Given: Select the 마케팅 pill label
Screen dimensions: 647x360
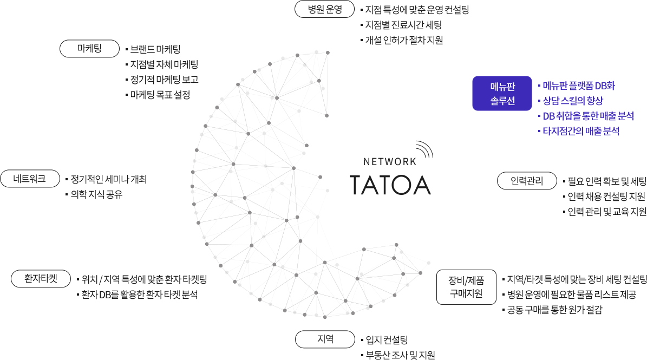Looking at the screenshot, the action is pos(89,48).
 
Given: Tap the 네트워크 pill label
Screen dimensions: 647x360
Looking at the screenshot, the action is pos(30,178).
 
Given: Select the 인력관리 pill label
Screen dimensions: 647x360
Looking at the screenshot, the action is pos(527,180).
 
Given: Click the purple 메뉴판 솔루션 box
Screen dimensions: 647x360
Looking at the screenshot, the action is pos(502,93).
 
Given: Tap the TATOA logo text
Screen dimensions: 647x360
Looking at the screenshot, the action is pos(389,184).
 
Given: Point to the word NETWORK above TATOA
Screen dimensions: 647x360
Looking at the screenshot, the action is pos(390,161).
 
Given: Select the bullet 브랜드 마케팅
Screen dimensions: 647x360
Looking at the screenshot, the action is pos(155,49).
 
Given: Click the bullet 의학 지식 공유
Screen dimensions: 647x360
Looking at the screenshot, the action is pos(93,194).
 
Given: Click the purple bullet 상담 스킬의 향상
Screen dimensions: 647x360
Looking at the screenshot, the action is pos(572,101).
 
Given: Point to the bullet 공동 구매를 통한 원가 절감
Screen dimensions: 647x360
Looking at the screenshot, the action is pos(554,310).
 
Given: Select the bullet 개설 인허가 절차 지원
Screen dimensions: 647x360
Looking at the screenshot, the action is pos(404,40).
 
